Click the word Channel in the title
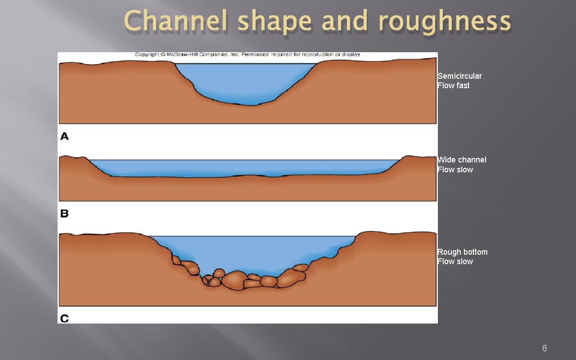coord(176,22)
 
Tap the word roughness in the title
coord(444,22)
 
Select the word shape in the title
coord(274,22)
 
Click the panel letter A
coord(64,136)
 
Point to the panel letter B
coord(64,213)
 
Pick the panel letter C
coord(64,319)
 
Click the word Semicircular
coord(459,76)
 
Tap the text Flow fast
coord(454,85)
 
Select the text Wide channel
coord(462,160)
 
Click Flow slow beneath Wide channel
coord(455,170)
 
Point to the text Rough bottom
coord(462,252)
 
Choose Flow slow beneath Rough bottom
coord(455,261)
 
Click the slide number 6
coord(544,348)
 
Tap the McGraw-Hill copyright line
coord(247,54)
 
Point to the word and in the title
coord(345,22)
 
